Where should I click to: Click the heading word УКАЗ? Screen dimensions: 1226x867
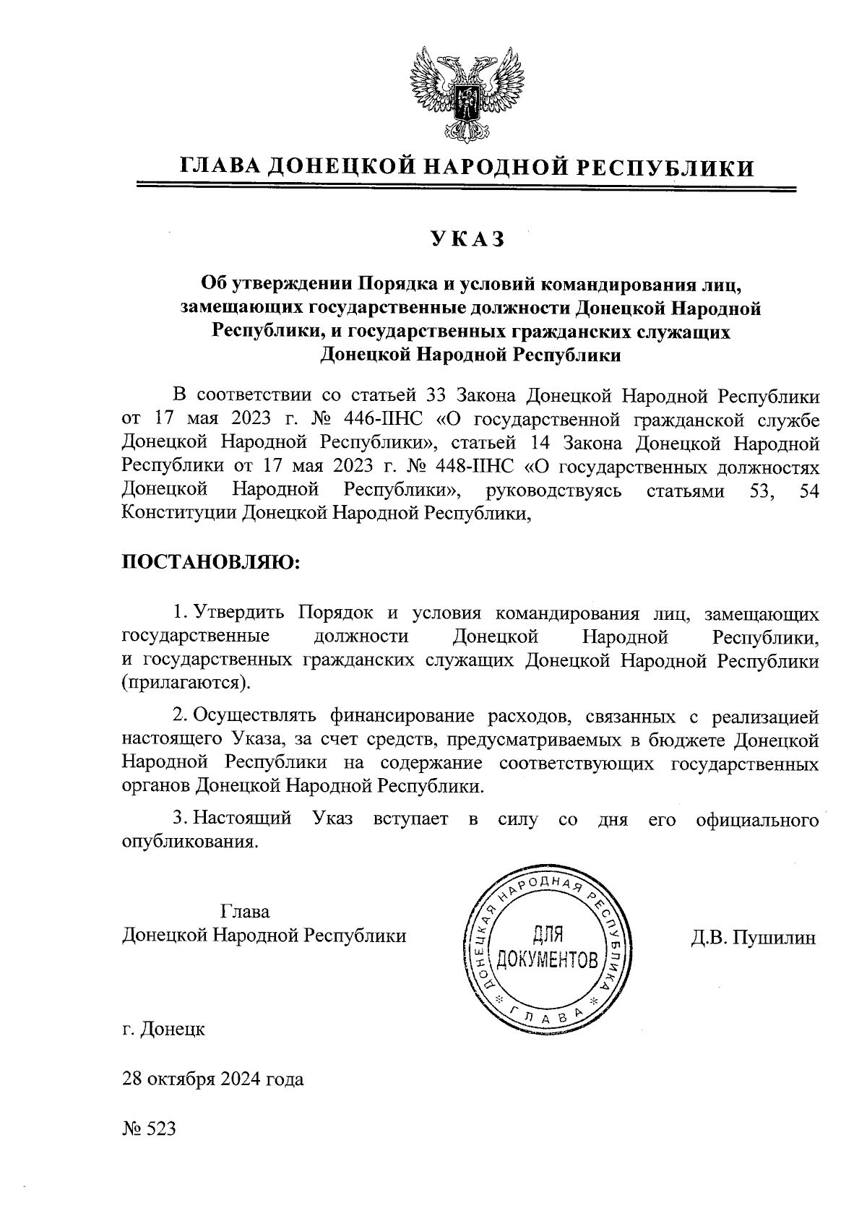pyautogui.click(x=466, y=239)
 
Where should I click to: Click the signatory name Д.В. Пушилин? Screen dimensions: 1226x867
pyautogui.click(x=754, y=938)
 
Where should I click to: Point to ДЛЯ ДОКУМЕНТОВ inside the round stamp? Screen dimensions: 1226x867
pyautogui.click(x=547, y=949)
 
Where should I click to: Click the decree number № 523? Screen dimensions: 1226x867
pyautogui.click(x=150, y=1128)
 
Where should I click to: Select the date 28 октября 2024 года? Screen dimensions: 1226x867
pyautogui.click(x=213, y=1079)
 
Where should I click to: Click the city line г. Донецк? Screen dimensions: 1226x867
pyautogui.click(x=164, y=1029)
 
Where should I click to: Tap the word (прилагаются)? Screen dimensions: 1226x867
pyautogui.click(x=185, y=683)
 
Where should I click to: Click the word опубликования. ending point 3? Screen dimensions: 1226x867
pyautogui.click(x=190, y=842)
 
